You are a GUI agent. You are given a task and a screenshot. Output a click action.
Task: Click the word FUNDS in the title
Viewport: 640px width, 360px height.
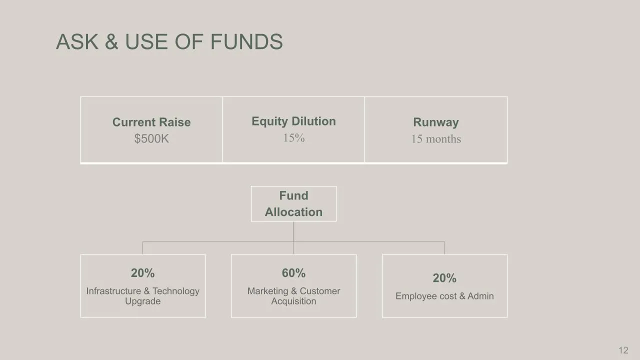tap(246, 41)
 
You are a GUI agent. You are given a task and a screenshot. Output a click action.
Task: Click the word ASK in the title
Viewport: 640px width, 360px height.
tap(77, 41)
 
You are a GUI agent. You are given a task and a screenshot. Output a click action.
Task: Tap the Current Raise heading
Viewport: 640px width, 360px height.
tap(151, 122)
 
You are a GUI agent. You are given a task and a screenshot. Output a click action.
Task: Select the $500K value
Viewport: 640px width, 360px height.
tap(151, 138)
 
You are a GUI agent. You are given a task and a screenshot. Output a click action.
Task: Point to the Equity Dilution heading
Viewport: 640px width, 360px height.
tap(293, 121)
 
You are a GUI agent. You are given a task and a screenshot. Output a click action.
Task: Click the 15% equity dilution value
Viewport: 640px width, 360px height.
tap(293, 138)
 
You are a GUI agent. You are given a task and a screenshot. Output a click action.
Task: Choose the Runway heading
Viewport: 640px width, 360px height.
tap(436, 122)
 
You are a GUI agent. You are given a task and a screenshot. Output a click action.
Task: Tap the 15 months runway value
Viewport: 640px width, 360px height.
tap(436, 139)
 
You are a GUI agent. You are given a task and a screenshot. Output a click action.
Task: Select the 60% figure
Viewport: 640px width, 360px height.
tap(293, 273)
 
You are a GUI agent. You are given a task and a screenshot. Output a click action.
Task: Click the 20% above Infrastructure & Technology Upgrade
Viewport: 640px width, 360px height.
tap(143, 273)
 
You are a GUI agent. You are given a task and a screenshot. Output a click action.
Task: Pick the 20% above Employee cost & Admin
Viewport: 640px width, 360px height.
tap(444, 277)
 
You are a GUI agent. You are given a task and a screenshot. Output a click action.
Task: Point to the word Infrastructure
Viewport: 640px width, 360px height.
tap(113, 291)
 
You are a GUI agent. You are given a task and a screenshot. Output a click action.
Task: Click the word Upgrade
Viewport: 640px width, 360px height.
tap(143, 301)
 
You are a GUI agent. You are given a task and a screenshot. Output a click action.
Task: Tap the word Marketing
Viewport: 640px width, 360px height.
tap(267, 291)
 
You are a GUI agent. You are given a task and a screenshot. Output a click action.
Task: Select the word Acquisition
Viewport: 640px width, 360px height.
tap(293, 301)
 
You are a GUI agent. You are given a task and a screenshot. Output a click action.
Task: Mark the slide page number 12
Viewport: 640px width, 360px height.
tap(623, 350)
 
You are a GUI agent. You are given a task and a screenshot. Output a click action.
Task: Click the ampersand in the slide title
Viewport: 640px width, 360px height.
tap(111, 41)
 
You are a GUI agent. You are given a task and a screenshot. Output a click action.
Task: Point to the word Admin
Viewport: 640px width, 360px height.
tap(480, 296)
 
